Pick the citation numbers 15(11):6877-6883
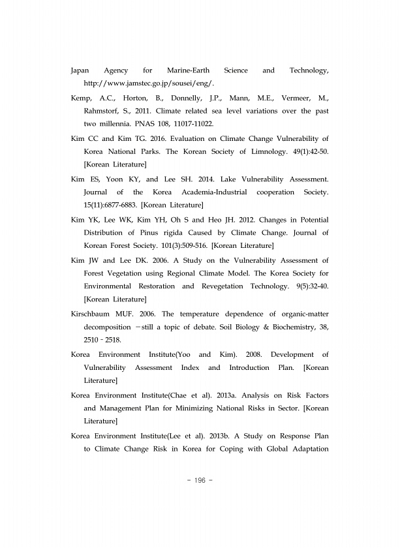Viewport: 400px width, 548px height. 110,205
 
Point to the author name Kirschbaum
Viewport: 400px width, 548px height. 95,313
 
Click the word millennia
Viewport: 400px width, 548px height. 121,123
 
